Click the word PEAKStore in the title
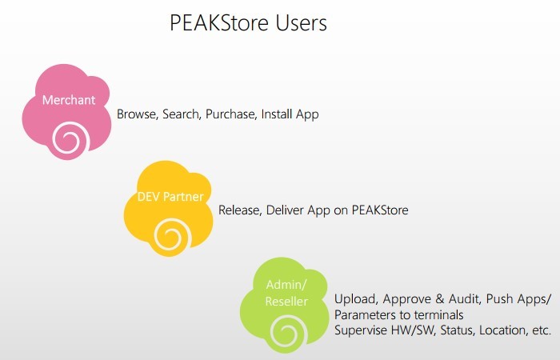tap(219, 23)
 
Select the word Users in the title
tap(301, 23)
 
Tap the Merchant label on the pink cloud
tap(69, 100)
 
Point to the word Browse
tap(138, 114)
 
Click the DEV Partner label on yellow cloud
tap(170, 197)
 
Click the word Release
tap(240, 210)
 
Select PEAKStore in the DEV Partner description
tap(380, 210)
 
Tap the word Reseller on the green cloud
tap(286, 302)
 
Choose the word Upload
tap(356, 299)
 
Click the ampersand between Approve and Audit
tap(440, 299)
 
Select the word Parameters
tap(365, 315)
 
